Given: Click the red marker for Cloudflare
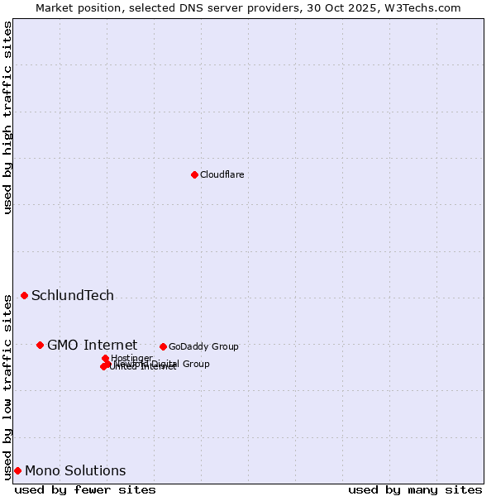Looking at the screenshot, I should click(194, 174).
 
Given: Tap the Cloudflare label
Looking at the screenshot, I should click(222, 174).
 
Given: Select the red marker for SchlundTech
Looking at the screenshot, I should click(24, 295).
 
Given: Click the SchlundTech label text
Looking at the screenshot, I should click(73, 296).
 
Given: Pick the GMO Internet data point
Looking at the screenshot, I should click(40, 345).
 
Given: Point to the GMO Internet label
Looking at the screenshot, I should click(92, 346).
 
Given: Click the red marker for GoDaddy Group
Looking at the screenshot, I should click(163, 346).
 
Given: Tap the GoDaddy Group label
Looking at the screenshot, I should click(203, 346).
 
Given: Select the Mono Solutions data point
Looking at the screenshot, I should click(17, 470).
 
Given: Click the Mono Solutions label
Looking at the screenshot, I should click(75, 471).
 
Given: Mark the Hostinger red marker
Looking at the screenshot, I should click(105, 358).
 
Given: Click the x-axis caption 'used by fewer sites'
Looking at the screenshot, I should click(85, 489).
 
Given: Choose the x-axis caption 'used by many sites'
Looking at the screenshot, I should click(415, 489).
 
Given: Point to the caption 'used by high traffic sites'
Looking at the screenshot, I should click(7, 117).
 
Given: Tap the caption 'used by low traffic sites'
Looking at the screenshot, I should click(7, 386).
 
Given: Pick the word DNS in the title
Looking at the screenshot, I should click(185, 7).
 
